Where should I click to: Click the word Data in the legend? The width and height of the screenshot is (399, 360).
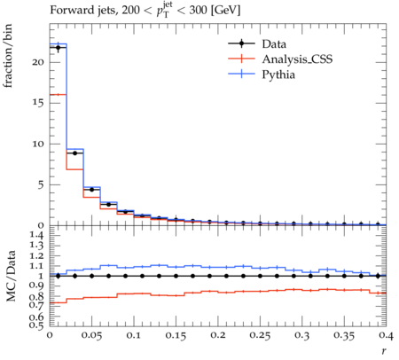[274, 43]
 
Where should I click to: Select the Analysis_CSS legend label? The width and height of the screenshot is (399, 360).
[297, 59]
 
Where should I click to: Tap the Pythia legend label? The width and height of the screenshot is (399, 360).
[278, 74]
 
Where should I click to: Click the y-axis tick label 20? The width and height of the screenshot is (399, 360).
[37, 62]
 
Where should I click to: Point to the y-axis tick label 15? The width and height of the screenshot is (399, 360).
[37, 103]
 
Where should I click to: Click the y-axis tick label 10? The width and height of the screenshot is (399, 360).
[37, 144]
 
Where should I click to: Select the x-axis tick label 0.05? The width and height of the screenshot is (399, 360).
[91, 335]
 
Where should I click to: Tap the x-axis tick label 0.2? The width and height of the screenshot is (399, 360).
[218, 335]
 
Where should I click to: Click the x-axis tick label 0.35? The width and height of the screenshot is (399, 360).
[344, 335]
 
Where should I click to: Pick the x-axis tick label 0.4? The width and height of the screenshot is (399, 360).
[386, 335]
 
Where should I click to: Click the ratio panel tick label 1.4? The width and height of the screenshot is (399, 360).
[36, 235]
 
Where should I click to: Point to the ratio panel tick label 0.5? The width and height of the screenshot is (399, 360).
[36, 325]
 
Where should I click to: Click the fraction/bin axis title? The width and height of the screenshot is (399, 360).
[8, 56]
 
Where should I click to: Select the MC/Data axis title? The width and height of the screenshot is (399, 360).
[11, 276]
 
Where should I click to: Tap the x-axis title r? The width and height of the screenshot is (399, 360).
[384, 351]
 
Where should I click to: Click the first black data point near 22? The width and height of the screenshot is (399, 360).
[58, 47]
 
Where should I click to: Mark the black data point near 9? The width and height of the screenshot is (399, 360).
[74, 153]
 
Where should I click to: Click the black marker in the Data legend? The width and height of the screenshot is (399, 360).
[241, 43]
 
